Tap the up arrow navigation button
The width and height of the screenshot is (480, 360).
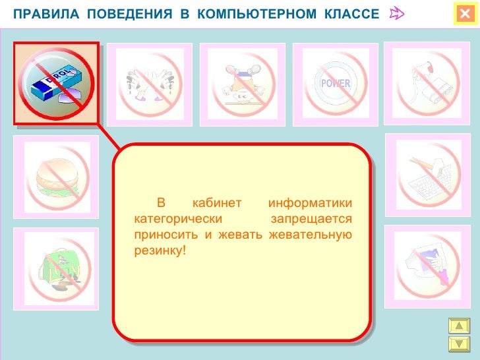458,326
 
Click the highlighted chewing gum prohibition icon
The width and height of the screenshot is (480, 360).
57,83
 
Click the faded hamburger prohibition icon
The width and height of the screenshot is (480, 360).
56,177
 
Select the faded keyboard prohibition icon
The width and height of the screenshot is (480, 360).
427,176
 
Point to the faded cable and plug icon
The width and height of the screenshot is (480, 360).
427,84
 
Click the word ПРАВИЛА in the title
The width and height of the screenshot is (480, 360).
40,15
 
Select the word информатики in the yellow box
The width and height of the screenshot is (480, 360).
311,202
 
